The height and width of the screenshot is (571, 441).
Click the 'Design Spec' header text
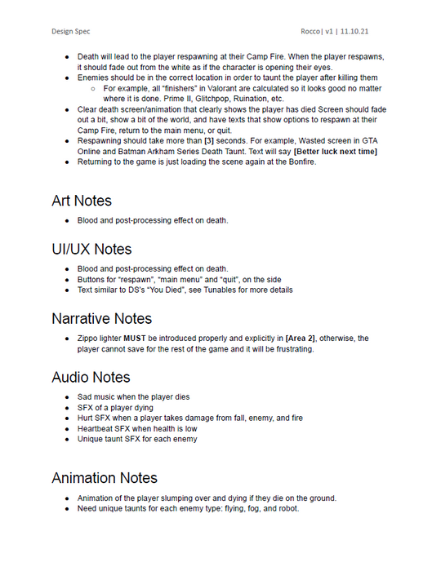73,32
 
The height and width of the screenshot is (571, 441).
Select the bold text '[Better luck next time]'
335,152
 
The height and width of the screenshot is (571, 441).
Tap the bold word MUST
135,338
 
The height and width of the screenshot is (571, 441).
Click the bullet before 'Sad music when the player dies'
68,396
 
